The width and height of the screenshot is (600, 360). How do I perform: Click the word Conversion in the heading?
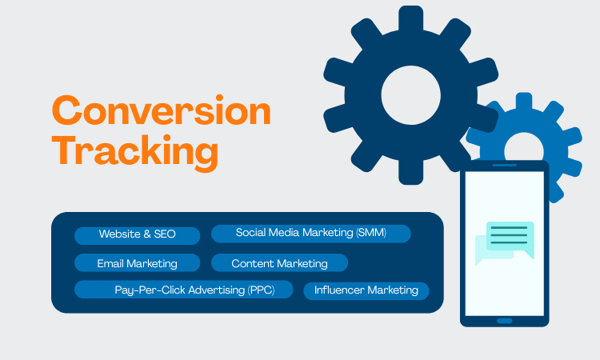point(161,111)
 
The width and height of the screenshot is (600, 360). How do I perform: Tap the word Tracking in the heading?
point(135,151)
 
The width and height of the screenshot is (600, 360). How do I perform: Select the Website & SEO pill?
point(137,235)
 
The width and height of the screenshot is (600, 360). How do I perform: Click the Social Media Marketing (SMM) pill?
point(310,233)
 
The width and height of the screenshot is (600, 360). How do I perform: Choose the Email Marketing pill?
point(137,263)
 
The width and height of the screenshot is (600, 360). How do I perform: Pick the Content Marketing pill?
point(279,263)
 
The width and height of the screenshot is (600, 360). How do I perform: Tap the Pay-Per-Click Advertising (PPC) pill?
point(184,290)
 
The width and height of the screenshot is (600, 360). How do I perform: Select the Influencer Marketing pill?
point(366,290)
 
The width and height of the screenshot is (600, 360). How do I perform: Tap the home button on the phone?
point(504,321)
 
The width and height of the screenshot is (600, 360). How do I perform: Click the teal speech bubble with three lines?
point(510,235)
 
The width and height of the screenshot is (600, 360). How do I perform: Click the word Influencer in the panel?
point(339,290)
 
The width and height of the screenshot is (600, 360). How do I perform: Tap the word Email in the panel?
point(110,263)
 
